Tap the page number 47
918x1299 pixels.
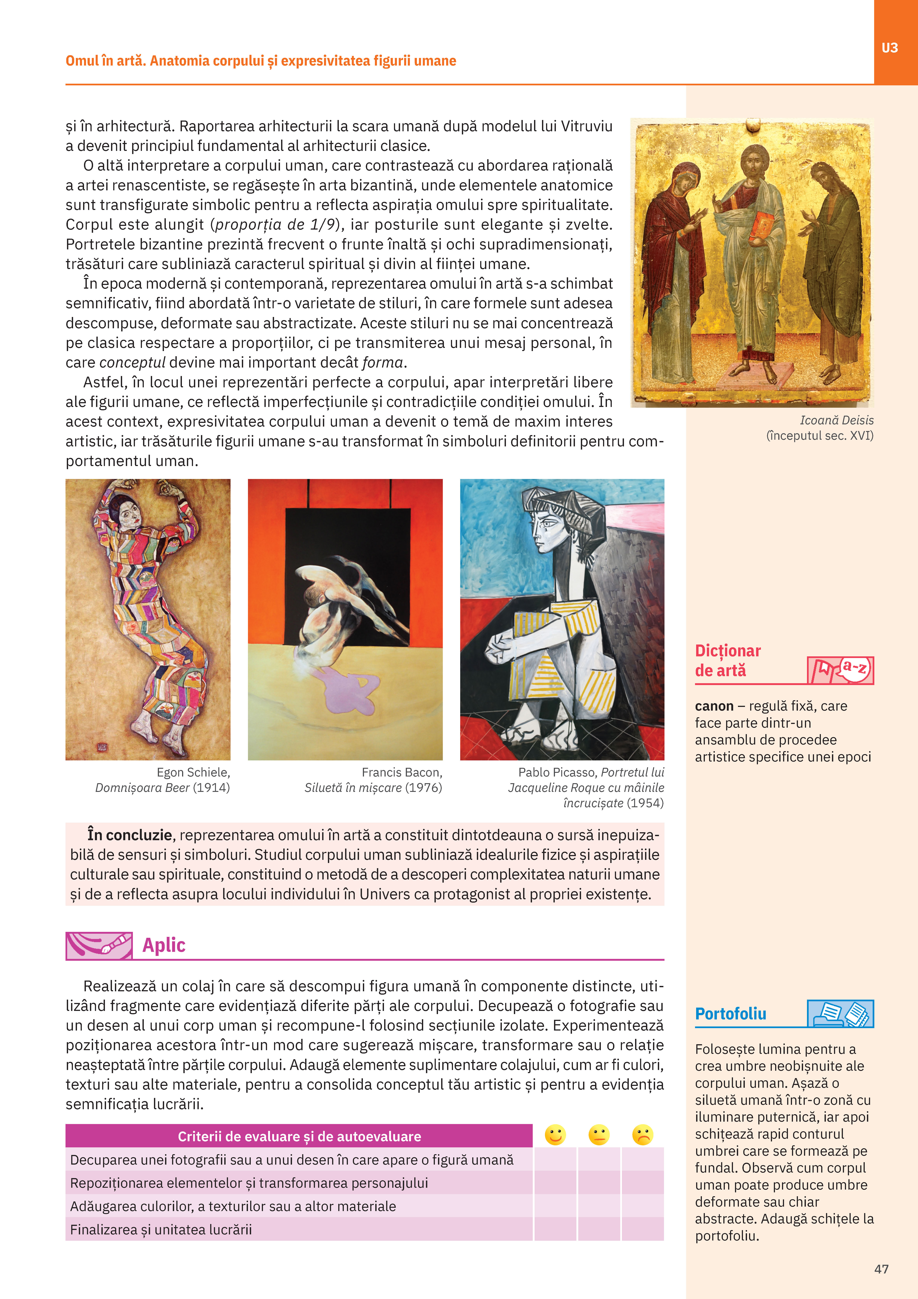[x=881, y=1269]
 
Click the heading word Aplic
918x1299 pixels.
[x=163, y=945]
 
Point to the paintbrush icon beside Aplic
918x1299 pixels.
[x=99, y=945]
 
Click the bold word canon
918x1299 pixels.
[x=714, y=706]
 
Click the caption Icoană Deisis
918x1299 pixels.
[x=836, y=420]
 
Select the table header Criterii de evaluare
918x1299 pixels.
[x=299, y=1136]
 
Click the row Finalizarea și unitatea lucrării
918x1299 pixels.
[x=161, y=1229]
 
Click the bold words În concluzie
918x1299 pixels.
[x=130, y=835]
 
